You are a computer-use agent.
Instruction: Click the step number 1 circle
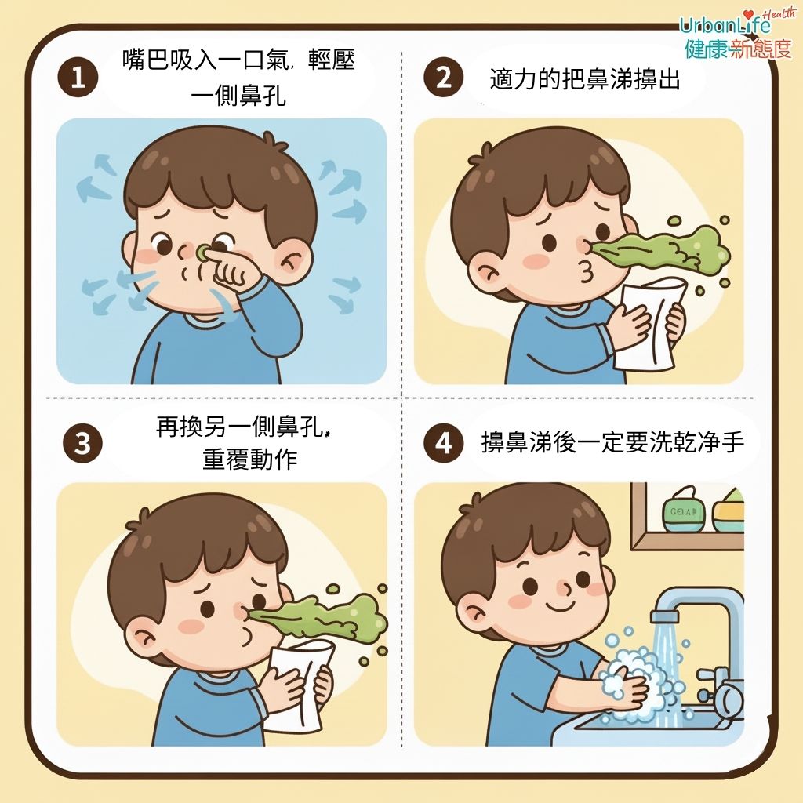click(78, 78)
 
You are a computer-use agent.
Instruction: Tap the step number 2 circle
click(444, 78)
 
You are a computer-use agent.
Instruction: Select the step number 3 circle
click(82, 443)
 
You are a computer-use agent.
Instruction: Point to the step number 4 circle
click(444, 443)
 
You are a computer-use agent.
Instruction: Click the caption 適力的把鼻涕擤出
click(585, 79)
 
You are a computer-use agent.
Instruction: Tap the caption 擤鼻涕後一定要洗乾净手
click(612, 442)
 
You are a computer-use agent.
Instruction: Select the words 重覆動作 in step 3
click(250, 459)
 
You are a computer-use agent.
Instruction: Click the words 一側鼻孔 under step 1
click(238, 94)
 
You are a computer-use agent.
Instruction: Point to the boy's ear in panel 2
click(486, 271)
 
